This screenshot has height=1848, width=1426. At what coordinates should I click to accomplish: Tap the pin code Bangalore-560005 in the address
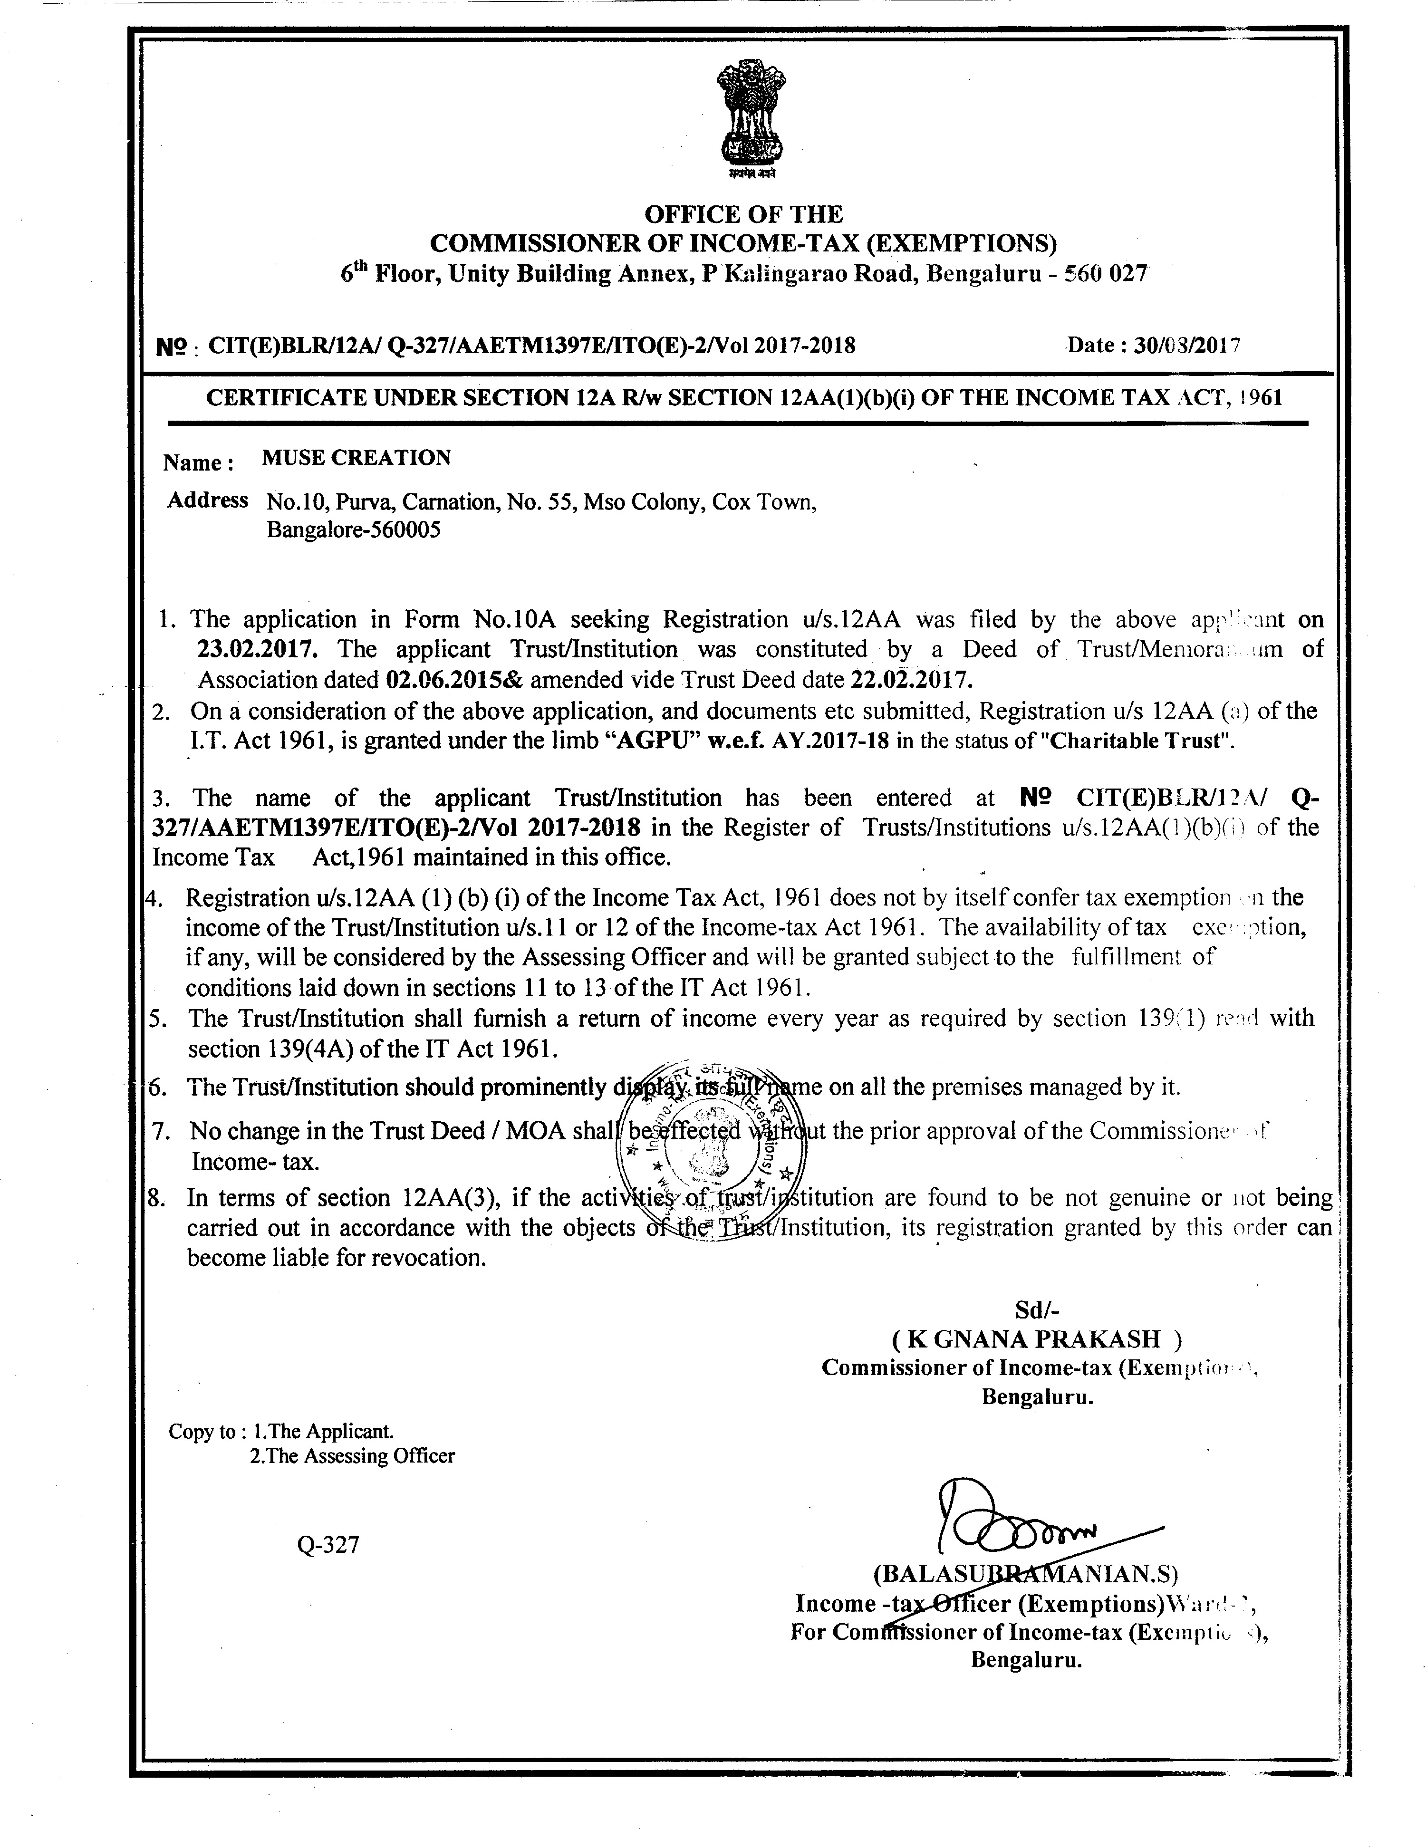point(354,530)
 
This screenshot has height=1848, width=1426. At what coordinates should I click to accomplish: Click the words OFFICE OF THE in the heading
point(744,214)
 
